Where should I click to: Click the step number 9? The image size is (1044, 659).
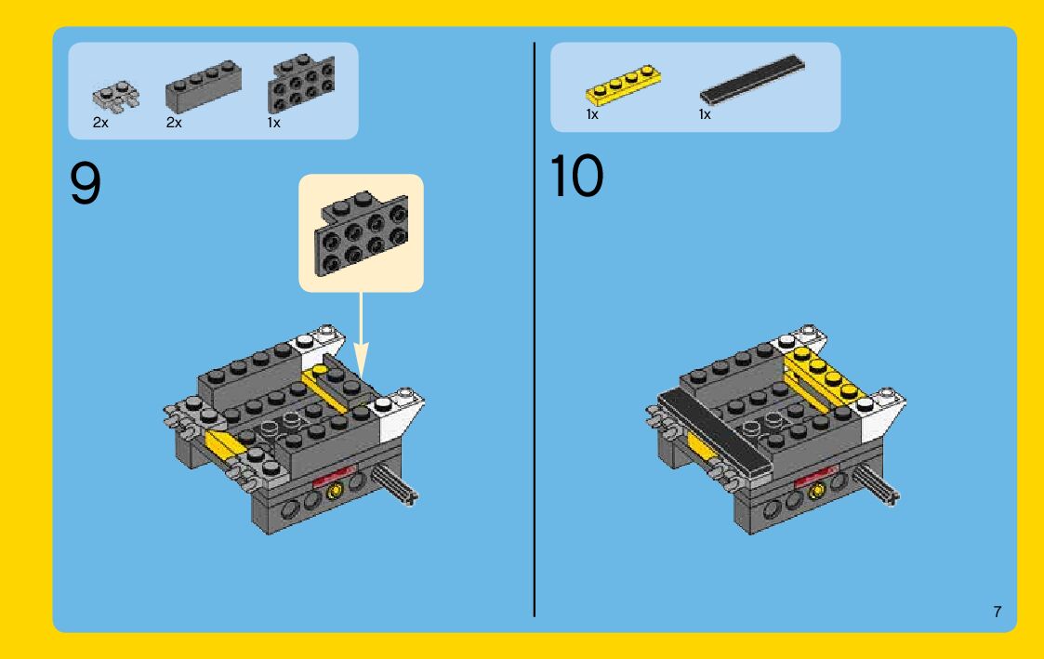click(x=86, y=183)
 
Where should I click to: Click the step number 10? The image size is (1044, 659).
click(x=576, y=176)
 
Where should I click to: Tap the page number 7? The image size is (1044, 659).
click(x=997, y=612)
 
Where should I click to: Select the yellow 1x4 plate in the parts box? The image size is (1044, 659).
click(x=623, y=86)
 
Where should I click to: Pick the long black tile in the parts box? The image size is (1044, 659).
click(x=752, y=79)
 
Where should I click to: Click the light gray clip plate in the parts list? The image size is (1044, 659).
click(x=116, y=97)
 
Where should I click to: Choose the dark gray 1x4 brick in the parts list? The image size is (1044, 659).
click(x=203, y=86)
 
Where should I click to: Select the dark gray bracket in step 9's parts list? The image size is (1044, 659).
click(x=301, y=84)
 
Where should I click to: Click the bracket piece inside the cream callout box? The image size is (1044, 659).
click(x=362, y=233)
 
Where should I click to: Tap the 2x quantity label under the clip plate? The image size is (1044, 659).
click(x=99, y=123)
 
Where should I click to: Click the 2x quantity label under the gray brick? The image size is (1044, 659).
click(x=174, y=123)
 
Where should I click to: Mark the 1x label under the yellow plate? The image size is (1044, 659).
click(x=592, y=114)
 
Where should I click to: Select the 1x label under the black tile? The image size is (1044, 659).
click(x=705, y=114)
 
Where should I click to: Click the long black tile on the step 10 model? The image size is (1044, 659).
click(x=712, y=433)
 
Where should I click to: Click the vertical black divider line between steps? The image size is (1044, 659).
click(x=534, y=329)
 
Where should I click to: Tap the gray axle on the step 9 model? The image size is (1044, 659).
click(x=395, y=484)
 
